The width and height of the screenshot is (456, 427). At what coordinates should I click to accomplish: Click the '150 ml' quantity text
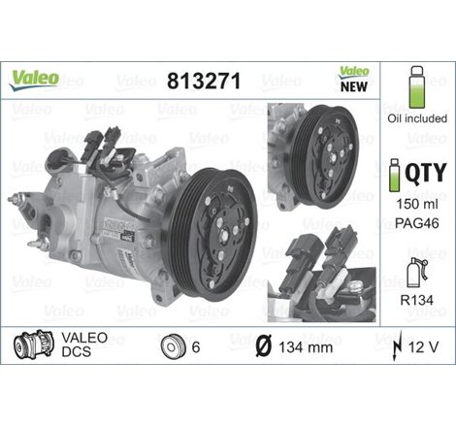click(417, 206)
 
